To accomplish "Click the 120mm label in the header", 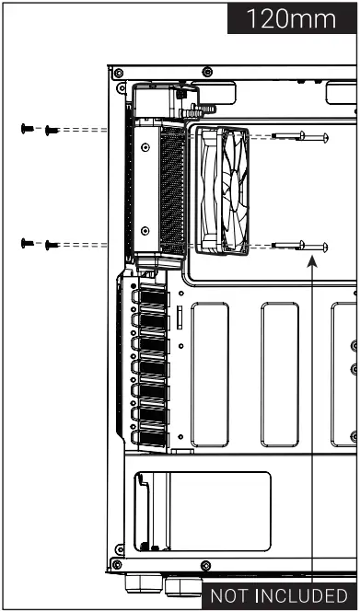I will point(294,17).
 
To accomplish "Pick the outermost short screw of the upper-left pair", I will point(26,131).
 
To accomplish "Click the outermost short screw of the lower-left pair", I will point(26,243).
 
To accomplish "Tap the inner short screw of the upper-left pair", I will point(51,132).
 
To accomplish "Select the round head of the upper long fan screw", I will point(326,137).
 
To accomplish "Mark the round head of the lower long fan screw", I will point(326,246).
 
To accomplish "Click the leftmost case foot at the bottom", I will point(134,583).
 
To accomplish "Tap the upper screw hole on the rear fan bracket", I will point(145,148).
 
